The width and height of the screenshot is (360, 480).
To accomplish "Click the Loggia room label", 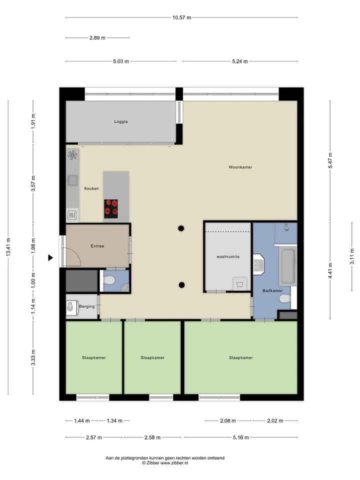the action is (120, 121).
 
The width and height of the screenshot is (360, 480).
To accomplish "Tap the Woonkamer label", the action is (240, 167).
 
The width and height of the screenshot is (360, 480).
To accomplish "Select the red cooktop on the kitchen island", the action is (111, 209).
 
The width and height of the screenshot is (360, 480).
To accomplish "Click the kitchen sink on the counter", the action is (72, 180).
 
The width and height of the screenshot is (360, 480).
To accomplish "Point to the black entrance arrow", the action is (50, 258).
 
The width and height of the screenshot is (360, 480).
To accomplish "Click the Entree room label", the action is (97, 246).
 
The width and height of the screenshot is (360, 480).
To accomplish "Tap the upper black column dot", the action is (181, 228).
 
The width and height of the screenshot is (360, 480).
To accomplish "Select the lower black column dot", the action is (181, 285).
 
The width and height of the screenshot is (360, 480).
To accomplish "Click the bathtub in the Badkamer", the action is (288, 266).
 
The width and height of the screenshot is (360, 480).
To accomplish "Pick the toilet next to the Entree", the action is (109, 280).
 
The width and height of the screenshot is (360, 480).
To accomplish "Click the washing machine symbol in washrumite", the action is (239, 284).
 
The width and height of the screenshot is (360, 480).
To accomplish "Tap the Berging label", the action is (87, 306).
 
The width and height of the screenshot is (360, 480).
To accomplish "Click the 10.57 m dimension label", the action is (181, 18).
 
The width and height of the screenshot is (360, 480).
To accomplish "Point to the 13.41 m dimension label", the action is (8, 246).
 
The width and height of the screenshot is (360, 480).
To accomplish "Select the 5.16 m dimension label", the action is (240, 437).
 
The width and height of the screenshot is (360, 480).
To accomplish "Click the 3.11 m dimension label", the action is (352, 256).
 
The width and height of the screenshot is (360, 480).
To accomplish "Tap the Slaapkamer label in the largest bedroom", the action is (241, 357).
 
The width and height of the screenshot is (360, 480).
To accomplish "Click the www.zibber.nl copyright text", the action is (165, 463).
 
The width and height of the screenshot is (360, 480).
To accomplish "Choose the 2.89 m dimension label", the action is (97, 38).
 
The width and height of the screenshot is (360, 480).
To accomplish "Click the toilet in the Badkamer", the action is (285, 298).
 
